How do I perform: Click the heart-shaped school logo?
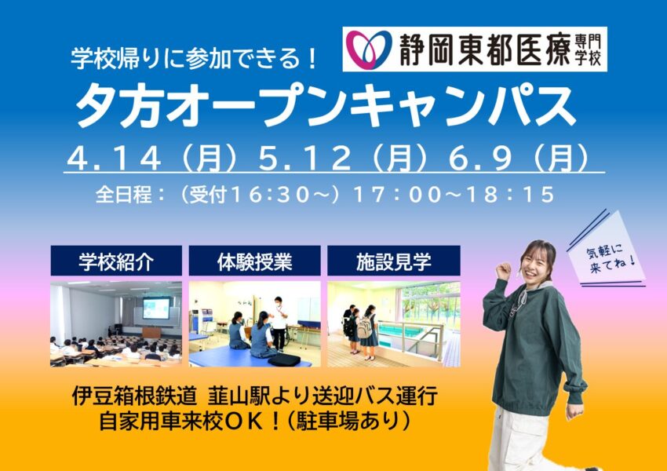click(368, 49)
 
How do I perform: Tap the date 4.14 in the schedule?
click(114, 159)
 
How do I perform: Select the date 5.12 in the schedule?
click(305, 159)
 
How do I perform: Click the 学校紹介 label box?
click(116, 261)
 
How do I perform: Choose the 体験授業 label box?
click(254, 261)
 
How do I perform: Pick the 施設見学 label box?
click(393, 261)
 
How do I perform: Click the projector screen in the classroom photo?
click(156, 308)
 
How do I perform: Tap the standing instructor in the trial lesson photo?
click(279, 323)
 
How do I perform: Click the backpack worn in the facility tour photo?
click(364, 327)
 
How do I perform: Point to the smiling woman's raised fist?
click(504, 272)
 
